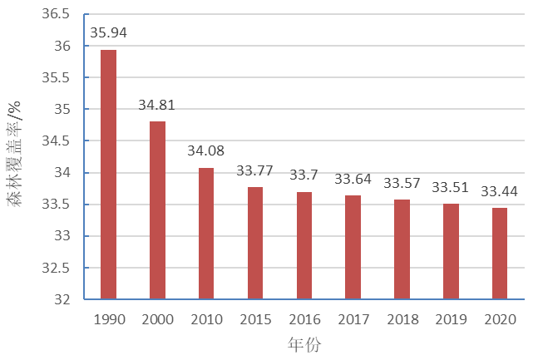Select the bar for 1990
(108, 175)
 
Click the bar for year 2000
(157, 210)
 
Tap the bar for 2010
(206, 234)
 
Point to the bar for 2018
(402, 249)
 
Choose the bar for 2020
(500, 254)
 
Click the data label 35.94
(108, 34)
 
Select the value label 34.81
(157, 106)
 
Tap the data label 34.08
(206, 152)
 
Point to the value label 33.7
(304, 175)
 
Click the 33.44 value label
(500, 191)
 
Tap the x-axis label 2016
(304, 319)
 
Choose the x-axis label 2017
(353, 319)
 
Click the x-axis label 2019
(451, 319)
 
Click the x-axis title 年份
(304, 344)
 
